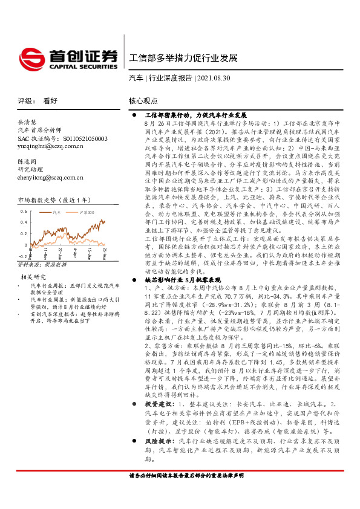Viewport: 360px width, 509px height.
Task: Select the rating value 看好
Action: point(50,102)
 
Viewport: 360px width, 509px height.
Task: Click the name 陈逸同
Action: point(28,161)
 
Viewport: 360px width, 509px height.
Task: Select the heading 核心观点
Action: point(143,102)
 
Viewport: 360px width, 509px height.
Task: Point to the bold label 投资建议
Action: point(159,403)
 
